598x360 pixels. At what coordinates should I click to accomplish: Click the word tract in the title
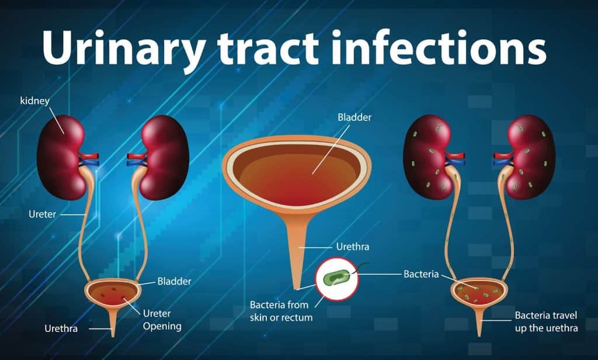coord(268,49)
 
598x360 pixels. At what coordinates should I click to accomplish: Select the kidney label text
coord(34,101)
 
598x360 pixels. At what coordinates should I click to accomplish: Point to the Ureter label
coord(42,214)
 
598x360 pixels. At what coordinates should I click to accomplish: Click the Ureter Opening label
coord(162,320)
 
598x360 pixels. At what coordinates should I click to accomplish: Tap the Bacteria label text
coord(421,274)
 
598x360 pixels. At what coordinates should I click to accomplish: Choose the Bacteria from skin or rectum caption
coord(281,311)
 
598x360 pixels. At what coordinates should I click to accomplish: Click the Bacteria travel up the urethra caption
coord(546,321)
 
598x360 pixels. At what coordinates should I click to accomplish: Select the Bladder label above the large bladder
coord(354,117)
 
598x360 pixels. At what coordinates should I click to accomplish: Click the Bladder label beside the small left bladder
coord(174,281)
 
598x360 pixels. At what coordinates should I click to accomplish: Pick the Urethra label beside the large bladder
coord(352,247)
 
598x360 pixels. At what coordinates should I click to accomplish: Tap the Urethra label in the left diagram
coord(61,328)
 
